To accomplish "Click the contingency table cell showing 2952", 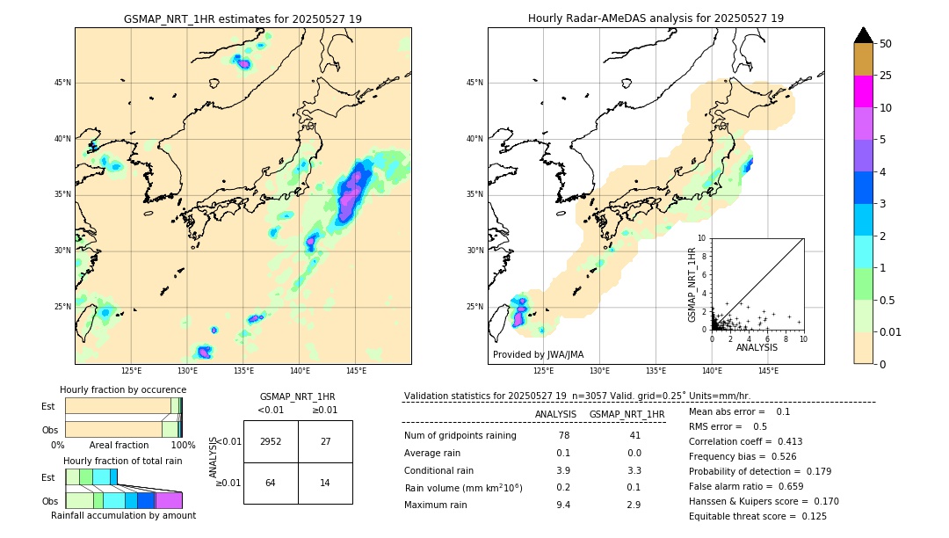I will click(271, 441).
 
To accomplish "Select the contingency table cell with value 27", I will click(325, 441).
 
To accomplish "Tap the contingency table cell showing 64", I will click(271, 483).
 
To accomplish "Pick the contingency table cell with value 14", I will click(325, 483).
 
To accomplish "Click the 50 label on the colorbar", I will click(886, 44).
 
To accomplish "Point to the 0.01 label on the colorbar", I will click(891, 331).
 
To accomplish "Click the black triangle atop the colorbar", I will click(864, 35).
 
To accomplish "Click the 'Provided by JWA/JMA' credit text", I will click(538, 355).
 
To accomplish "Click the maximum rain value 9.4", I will click(563, 505).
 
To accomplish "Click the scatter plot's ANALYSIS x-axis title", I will click(757, 348).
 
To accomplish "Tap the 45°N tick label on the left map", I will click(62, 83).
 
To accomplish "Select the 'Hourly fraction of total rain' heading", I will click(123, 461).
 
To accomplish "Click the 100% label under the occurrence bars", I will click(183, 446).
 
